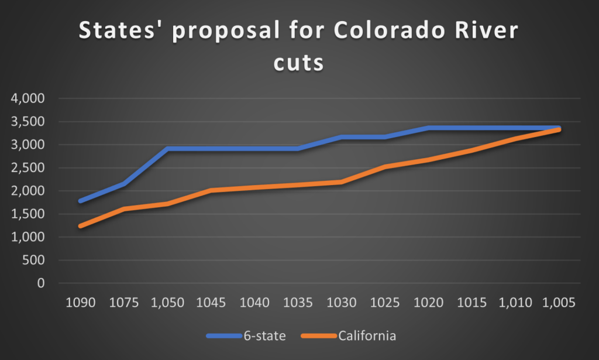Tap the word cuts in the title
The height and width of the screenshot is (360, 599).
(298, 61)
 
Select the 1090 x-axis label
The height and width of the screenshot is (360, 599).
(81, 303)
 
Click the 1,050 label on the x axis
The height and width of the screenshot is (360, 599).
(168, 303)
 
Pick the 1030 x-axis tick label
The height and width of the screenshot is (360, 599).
(342, 303)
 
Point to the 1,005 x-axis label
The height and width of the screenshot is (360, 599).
(559, 303)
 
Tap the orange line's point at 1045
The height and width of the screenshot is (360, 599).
(211, 190)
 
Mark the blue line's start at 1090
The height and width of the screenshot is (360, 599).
(81, 201)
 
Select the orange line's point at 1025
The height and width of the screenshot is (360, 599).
(385, 167)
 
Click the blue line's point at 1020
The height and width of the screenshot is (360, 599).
(428, 128)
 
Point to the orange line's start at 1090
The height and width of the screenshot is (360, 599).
(81, 226)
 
